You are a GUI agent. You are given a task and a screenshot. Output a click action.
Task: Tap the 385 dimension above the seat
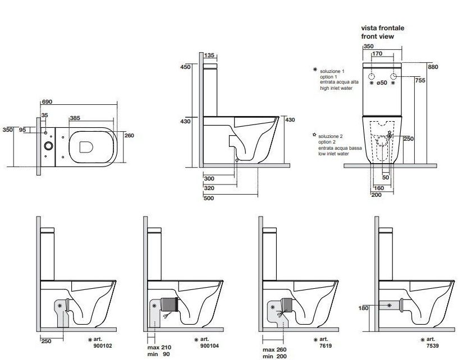pyautogui.click(x=76, y=119)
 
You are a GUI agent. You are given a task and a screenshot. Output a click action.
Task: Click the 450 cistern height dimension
pyautogui.click(x=185, y=67)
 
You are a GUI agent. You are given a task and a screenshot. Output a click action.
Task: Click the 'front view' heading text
pyautogui.click(x=377, y=36)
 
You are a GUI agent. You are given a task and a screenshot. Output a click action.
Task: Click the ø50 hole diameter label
pyautogui.click(x=382, y=83)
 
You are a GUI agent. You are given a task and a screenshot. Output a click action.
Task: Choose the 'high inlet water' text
pyautogui.click(x=336, y=89)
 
